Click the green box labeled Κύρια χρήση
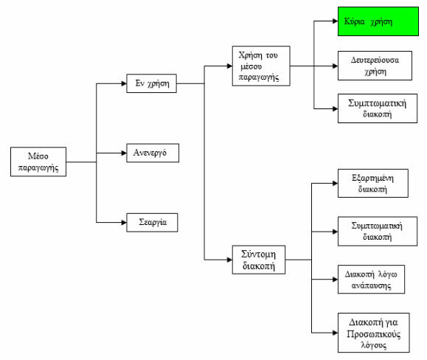tap(378, 21)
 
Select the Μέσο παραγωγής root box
tap(38, 162)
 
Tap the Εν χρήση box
tap(151, 83)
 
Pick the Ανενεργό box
tap(153, 153)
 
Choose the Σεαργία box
tap(152, 223)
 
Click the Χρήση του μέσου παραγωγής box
tap(261, 66)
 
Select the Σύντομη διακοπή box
tap(259, 260)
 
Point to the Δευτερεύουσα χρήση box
tap(375, 66)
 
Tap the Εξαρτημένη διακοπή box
tap(373, 183)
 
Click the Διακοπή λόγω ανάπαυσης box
tap(371, 280)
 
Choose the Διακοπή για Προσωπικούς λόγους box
tap(374, 333)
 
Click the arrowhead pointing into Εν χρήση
tap(124, 83)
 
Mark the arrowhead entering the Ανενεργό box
tap(124, 153)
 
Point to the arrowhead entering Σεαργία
tap(124, 223)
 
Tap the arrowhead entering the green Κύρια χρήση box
tap(335, 21)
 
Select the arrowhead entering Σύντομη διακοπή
tap(229, 260)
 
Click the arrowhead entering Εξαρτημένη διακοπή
tap(335, 183)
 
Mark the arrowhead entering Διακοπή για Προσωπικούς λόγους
tap(335, 333)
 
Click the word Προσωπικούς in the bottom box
tap(374, 334)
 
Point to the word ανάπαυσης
tap(371, 285)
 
